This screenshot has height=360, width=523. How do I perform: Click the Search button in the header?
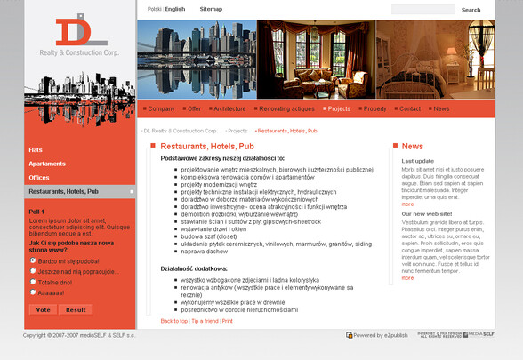[x=471, y=10]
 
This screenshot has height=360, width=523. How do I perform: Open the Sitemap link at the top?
[x=211, y=9]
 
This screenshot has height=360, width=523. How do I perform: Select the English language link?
[x=175, y=9]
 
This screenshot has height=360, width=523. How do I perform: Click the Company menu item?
[x=161, y=108]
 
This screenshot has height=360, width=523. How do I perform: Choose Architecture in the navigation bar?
[x=229, y=108]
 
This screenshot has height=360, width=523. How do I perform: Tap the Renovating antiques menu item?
[x=286, y=108]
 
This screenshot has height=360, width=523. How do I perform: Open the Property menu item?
[x=374, y=108]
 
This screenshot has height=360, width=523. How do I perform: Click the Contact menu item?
[x=410, y=108]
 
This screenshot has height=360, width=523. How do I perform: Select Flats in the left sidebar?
[x=36, y=149]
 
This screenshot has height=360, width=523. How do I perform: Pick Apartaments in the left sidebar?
[x=47, y=164]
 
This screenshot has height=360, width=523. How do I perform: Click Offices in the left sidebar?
[x=39, y=178]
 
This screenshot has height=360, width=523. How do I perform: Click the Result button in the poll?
[x=76, y=309]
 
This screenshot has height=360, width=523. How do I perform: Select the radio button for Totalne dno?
[x=33, y=282]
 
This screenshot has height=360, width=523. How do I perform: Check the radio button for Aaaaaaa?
[x=33, y=292]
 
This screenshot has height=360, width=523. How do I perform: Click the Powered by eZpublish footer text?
[x=382, y=335]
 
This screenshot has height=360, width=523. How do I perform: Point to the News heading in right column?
[x=413, y=146]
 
